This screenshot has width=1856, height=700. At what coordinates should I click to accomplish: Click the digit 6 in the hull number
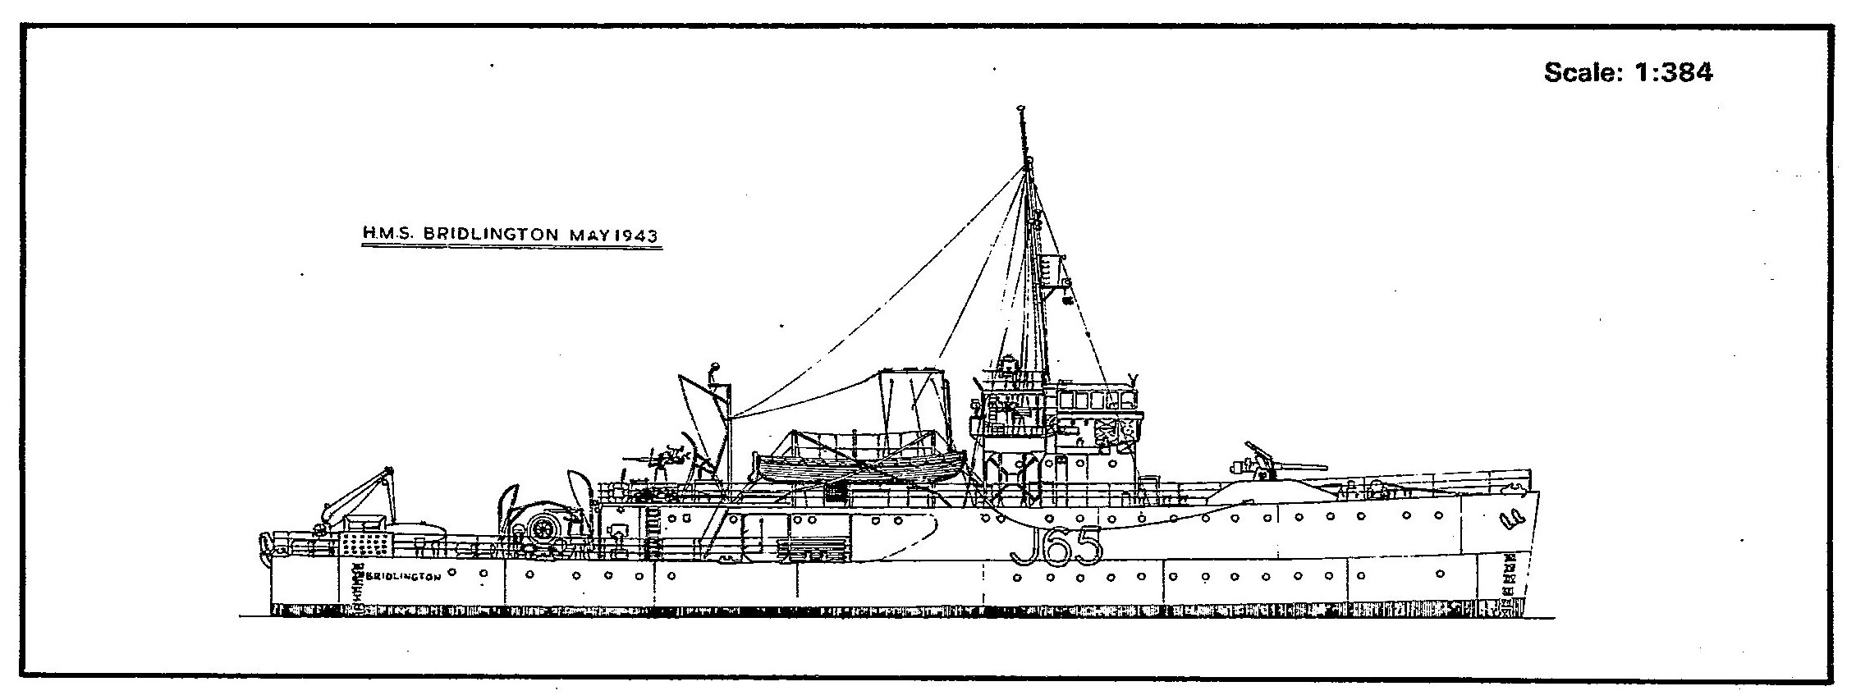pyautogui.click(x=1056, y=547)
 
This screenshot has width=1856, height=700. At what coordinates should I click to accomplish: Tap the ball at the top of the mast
pyautogui.click(x=1020, y=108)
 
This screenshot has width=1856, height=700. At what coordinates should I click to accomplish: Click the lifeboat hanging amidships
pyautogui.click(x=862, y=468)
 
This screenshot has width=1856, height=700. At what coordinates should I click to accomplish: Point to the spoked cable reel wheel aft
pyautogui.click(x=543, y=529)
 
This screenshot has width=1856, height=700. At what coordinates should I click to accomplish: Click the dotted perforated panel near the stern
pyautogui.click(x=363, y=543)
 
